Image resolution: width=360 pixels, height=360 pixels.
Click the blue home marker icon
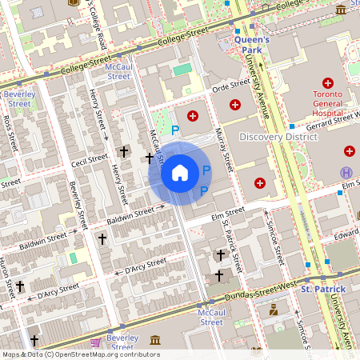pos(180,172)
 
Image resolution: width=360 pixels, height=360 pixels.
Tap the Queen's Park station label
pos(252,44)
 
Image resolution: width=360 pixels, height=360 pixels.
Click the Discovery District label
pos(278,137)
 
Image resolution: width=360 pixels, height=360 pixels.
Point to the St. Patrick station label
pos(322,288)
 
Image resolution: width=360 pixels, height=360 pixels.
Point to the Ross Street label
pos(10,132)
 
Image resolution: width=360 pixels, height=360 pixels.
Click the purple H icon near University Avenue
pos(346,172)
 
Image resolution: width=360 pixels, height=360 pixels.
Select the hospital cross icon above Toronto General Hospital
pos(327,82)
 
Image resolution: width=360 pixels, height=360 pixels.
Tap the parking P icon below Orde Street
pos(177,130)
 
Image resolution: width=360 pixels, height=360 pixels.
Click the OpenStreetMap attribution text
pos(80,354)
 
